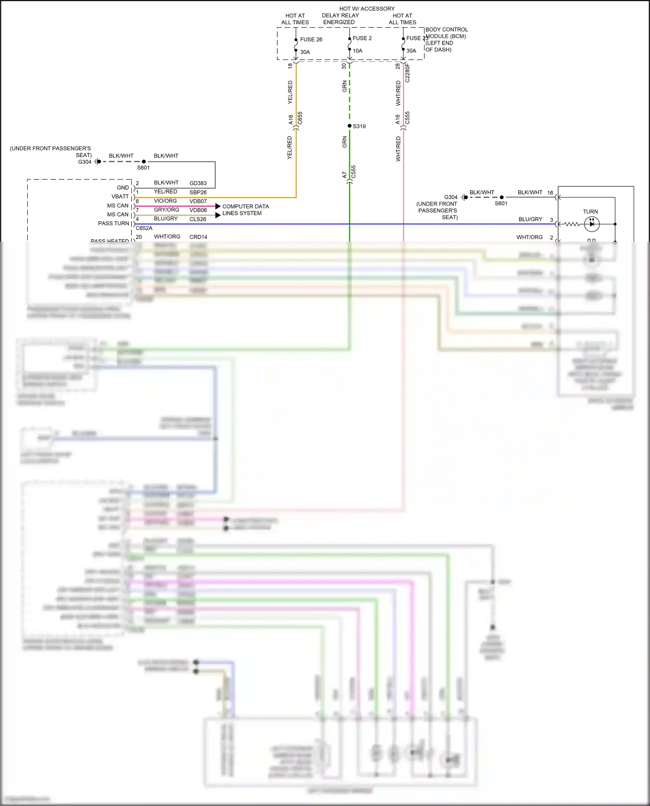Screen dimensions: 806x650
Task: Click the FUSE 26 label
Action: pos(311,39)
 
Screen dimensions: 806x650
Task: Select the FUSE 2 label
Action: pos(362,38)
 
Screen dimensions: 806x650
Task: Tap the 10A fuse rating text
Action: pos(357,51)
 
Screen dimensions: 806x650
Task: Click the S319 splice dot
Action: pos(350,126)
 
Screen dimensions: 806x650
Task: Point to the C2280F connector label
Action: pos(407,73)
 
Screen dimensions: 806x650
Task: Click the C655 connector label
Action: pos(300,118)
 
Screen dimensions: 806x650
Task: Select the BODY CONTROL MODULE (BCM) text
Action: pos(446,33)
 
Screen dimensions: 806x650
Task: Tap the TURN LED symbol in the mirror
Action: pos(592,224)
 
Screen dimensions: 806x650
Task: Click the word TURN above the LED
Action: pos(590,212)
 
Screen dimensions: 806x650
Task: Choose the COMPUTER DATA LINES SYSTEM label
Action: pos(245,210)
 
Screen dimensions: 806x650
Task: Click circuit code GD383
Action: pos(198,183)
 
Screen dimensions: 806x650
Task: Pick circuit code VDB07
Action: pos(198,201)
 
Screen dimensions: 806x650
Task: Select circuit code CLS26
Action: pos(198,219)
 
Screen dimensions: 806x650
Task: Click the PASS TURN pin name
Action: pos(114,223)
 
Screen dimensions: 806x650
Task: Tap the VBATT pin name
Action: pos(120,197)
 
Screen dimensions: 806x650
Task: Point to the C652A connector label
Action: pos(144,228)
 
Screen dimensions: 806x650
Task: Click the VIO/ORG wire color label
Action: pos(165,201)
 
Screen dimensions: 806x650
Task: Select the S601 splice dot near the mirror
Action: pos(502,197)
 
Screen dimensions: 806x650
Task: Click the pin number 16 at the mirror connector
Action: pos(550,193)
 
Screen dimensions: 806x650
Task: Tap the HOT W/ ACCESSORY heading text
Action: pos(367,9)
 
